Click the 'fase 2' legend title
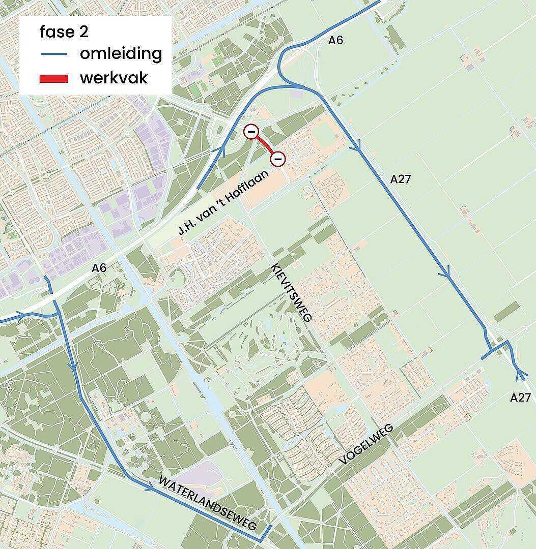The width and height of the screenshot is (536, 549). point(64,32)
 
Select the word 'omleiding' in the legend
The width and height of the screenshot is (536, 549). point(121,53)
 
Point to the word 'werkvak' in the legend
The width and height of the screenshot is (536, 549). point(114,78)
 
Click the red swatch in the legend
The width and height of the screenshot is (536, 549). point(54,78)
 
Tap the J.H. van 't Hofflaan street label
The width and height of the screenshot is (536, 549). point(223,202)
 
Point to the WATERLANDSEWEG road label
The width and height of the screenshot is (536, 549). point(208,503)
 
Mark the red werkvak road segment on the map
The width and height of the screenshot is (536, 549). point(264,146)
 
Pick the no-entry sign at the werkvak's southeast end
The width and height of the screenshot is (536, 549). point(277,160)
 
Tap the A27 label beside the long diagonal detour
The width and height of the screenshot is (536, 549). point(400,179)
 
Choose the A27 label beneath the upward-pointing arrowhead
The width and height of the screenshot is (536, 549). point(520,398)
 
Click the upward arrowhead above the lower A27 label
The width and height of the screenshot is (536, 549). point(520,376)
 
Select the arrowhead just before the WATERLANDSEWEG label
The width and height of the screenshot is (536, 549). point(149,487)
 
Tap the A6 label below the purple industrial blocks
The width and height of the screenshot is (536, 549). point(99,268)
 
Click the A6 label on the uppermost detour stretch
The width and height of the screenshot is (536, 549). point(335,41)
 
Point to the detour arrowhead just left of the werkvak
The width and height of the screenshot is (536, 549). point(222,151)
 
